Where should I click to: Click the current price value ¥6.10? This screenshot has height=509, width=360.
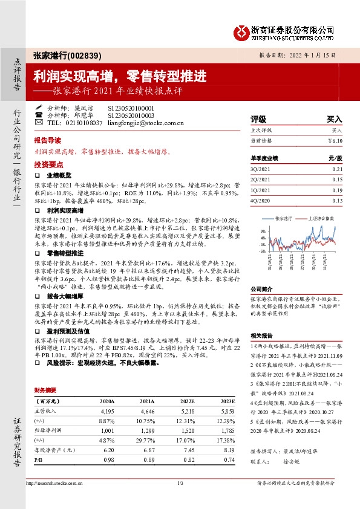click(x=335, y=140)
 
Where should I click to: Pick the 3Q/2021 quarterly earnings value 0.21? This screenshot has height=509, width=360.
click(x=337, y=170)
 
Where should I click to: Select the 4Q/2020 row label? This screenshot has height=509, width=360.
click(x=261, y=201)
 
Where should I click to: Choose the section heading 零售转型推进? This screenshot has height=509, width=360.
click(x=64, y=252)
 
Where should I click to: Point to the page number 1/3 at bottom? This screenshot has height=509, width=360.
click(x=180, y=482)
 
